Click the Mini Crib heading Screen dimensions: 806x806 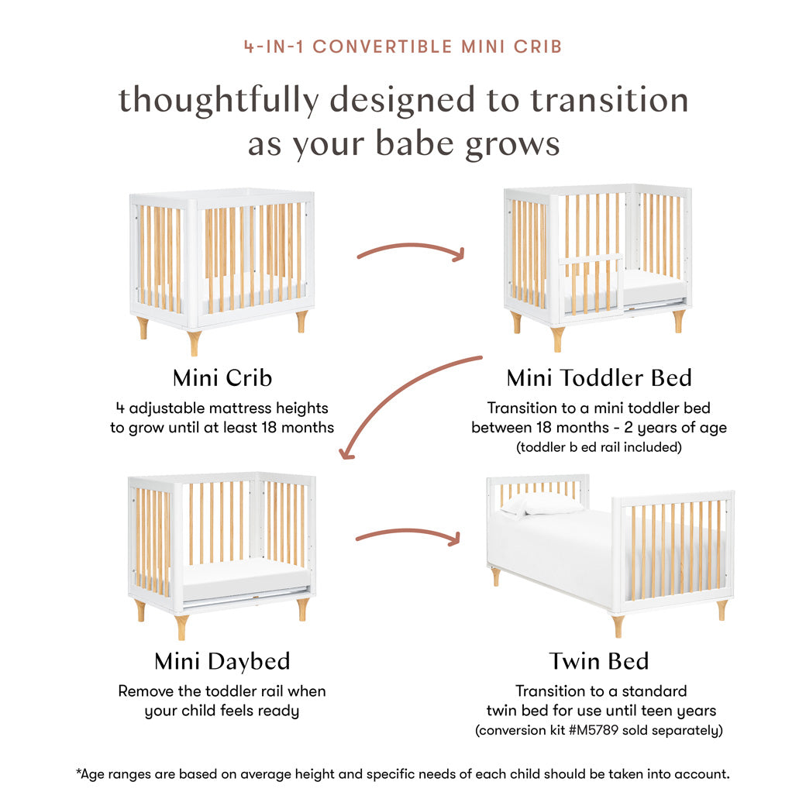pos(222,378)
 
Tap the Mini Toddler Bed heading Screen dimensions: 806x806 pos(598,378)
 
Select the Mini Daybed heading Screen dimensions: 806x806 pos(222,661)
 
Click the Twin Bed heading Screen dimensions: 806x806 pos(598,661)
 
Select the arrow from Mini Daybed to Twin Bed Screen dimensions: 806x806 pos(409,534)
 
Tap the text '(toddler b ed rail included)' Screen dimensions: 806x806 pos(598,447)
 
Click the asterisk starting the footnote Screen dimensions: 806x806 pos(78,773)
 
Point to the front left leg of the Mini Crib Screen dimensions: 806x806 pos(194,342)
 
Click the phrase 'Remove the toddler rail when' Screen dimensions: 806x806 pos(222,691)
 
